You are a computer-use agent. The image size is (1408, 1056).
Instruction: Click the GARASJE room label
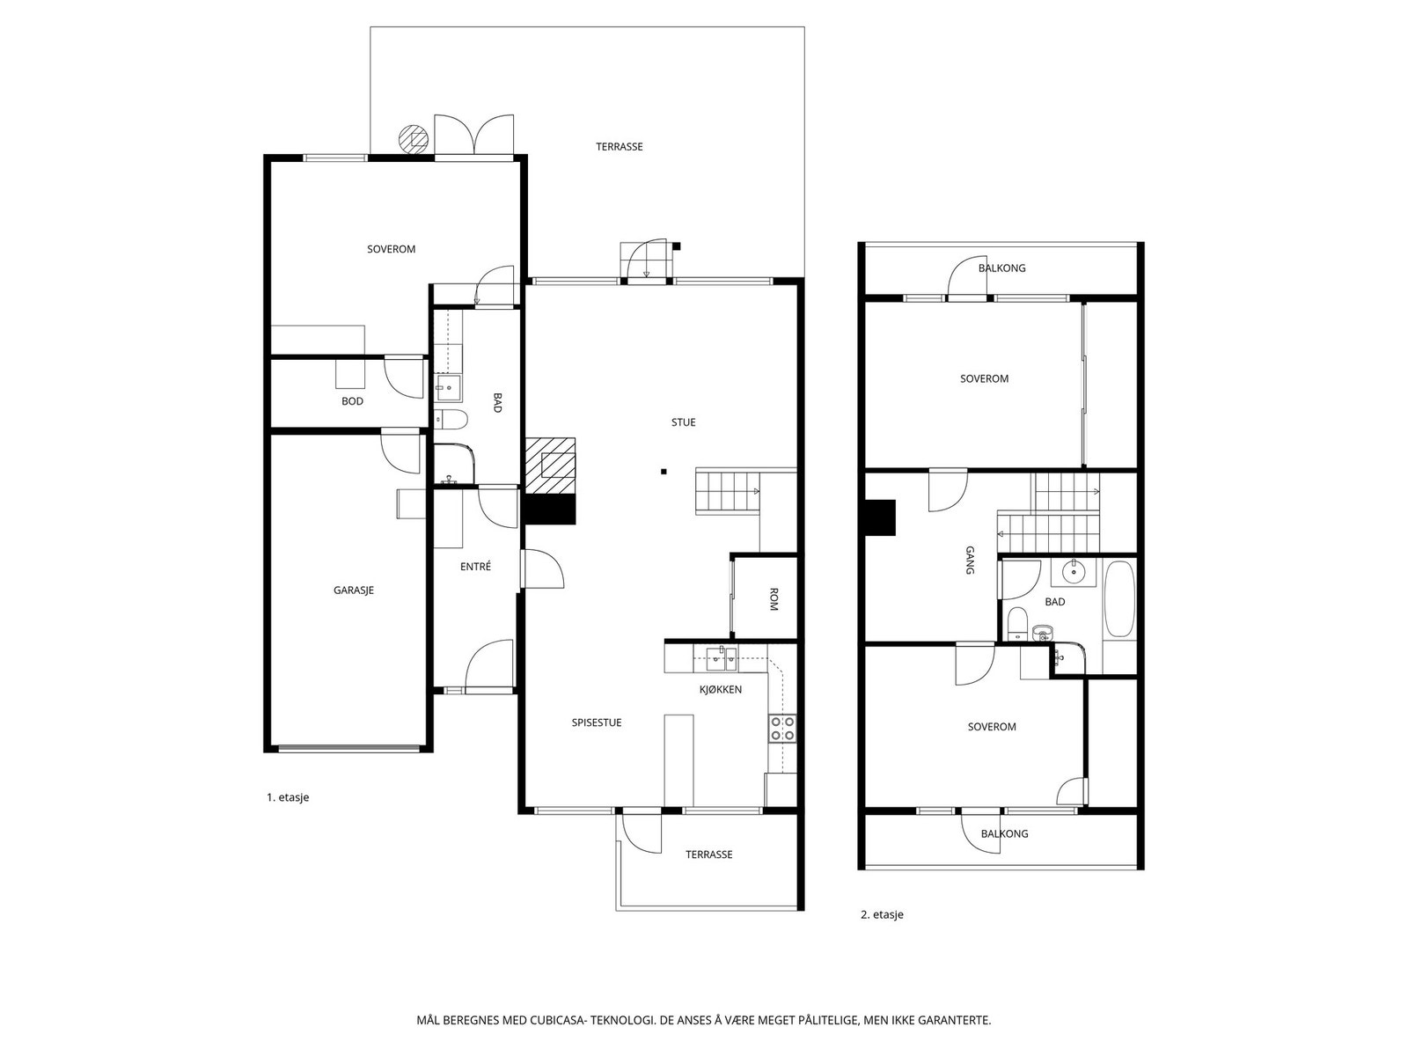point(354,590)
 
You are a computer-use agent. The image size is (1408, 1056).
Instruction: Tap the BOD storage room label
point(352,401)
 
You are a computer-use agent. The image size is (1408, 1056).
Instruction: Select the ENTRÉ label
point(475,567)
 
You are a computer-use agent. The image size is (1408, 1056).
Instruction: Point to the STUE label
point(683,422)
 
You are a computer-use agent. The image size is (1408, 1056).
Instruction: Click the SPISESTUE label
point(597,722)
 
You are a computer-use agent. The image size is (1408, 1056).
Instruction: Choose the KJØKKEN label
point(721,690)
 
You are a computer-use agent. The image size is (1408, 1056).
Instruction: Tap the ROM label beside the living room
point(774,599)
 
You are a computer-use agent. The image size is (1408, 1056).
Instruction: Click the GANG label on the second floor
point(970,560)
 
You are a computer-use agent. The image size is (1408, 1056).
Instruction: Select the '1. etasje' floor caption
point(288,797)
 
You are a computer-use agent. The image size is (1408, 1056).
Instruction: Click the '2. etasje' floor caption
point(882,915)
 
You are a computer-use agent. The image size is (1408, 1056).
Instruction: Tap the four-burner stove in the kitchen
point(782,729)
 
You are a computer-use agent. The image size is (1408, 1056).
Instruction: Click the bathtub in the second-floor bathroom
point(1120,599)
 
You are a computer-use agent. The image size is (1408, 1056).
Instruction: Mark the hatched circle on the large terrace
point(413,139)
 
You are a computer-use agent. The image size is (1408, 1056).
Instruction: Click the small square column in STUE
point(664,472)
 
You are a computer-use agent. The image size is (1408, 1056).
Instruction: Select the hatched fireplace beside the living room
point(550,466)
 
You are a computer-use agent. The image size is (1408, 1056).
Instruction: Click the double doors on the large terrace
point(474,136)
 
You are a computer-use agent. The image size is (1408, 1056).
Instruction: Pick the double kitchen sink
point(722,658)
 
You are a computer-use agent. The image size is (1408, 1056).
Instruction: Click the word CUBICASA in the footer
point(558,1020)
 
